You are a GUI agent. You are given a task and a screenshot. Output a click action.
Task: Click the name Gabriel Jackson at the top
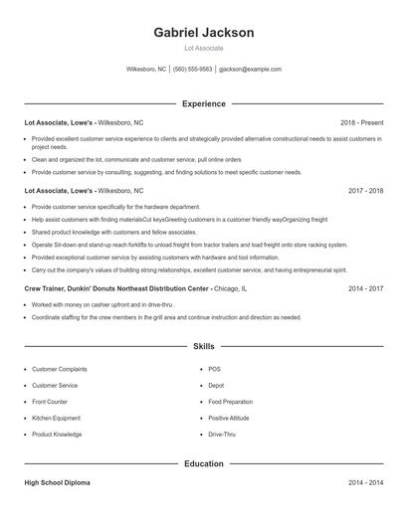coord(203,32)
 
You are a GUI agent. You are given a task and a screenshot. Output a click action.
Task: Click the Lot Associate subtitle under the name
coord(203,48)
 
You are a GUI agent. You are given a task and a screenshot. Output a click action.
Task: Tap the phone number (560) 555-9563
coord(193,70)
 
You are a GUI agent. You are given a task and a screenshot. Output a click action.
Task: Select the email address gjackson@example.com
coord(251,70)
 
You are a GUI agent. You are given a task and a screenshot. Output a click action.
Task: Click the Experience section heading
coord(203,103)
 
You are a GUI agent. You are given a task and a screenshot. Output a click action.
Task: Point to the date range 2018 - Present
coord(361,122)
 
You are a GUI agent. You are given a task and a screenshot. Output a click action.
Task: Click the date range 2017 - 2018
coord(364,190)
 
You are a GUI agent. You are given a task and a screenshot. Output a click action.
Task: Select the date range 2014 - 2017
coord(364,288)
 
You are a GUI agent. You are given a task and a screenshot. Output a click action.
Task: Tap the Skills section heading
coord(203,346)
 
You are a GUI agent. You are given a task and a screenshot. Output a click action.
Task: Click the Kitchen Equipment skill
coord(56,418)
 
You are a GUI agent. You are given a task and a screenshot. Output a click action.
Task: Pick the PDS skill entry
coord(214,369)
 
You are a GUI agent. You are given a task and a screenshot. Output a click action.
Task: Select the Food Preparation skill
coord(232,402)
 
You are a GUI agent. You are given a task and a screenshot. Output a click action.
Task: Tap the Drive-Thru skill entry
coord(222,435)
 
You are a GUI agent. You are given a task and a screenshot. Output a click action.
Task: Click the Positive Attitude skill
coord(229,418)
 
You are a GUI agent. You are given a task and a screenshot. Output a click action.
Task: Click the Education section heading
coord(203,463)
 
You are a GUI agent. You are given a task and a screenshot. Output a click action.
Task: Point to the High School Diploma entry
coord(57,482)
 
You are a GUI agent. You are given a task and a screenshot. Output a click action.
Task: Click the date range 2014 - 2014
coord(364,482)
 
